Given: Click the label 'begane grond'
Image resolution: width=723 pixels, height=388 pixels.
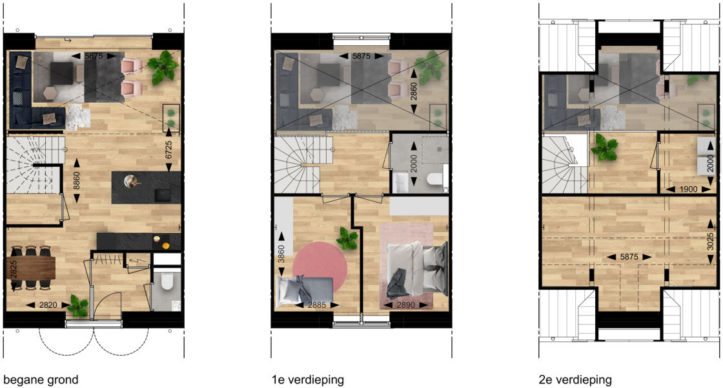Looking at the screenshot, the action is click(x=41, y=380).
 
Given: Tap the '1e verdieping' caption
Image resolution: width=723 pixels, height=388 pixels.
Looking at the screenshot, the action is click(x=307, y=380).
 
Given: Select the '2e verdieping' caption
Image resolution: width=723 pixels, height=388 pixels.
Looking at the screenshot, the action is click(x=575, y=380).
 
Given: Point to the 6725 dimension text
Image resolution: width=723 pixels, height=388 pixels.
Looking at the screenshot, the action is click(x=168, y=150).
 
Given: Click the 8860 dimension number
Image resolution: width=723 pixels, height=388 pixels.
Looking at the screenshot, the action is click(x=77, y=180).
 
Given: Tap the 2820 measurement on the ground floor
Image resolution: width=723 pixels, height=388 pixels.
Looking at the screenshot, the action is click(x=48, y=305).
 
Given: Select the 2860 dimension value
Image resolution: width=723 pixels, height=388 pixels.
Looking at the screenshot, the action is click(x=414, y=92).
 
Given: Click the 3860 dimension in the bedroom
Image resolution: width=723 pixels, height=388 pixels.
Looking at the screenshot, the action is click(x=281, y=253).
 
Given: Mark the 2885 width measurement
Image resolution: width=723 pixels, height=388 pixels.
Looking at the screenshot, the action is click(x=316, y=305).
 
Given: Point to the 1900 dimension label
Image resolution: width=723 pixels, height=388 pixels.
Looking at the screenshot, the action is click(x=688, y=189).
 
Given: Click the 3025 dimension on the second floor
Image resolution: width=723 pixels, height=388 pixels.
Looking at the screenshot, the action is click(x=711, y=241).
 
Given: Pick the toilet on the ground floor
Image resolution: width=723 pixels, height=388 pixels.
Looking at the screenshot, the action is click(x=167, y=281).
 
